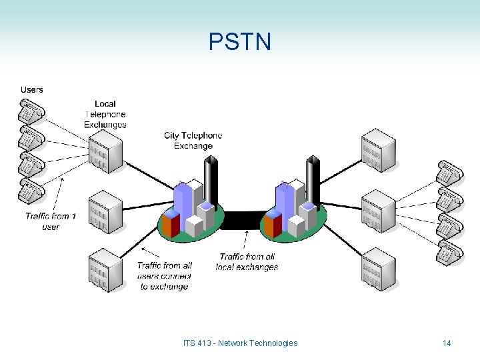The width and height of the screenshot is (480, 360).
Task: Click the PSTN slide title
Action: click(240, 42)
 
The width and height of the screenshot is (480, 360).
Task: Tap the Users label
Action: click(31, 89)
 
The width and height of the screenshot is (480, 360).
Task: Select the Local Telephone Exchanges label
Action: click(105, 114)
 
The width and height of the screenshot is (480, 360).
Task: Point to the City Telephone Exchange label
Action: click(193, 141)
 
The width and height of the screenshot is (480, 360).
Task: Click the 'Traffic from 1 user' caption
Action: click(51, 221)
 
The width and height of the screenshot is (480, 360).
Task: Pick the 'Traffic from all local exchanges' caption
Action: click(247, 262)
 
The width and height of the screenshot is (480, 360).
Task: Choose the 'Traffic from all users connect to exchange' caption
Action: click(164, 276)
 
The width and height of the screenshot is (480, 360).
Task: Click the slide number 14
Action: click(447, 343)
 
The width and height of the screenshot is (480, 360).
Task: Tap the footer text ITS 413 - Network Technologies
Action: click(240, 343)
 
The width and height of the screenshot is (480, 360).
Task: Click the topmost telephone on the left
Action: click(30, 110)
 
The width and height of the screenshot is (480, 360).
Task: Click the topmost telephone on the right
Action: click(450, 172)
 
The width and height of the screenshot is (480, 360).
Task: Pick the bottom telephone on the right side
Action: click(450, 252)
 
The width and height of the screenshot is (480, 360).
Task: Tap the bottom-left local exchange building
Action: click(105, 269)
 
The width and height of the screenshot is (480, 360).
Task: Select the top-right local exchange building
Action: click(378, 151)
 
